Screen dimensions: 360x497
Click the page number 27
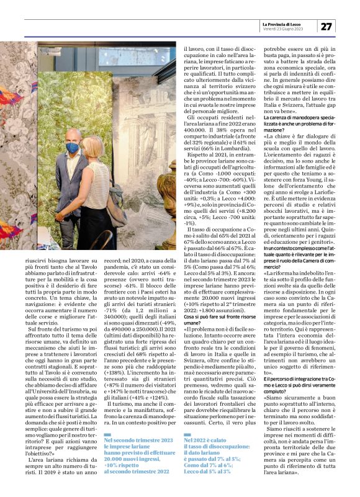pos(327,25)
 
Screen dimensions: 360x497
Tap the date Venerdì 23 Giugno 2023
pos(281,29)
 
